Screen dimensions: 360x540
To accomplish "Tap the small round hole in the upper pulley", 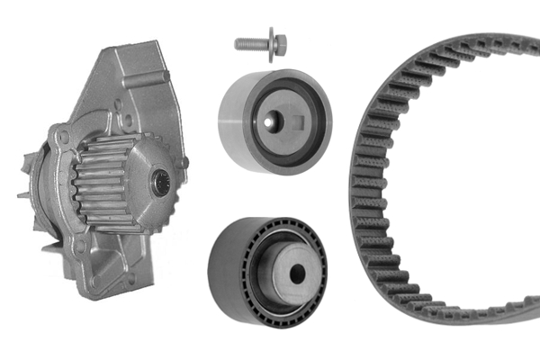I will point(268,115).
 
